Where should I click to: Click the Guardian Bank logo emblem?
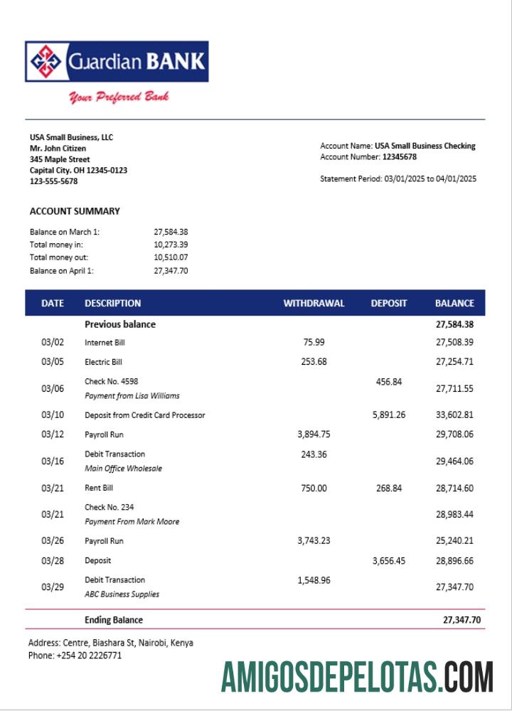[46, 63]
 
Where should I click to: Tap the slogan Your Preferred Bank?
[119, 97]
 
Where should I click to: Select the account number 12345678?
[400, 157]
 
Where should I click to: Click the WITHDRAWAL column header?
[314, 303]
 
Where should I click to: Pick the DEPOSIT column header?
[389, 303]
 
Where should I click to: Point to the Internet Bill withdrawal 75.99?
[314, 342]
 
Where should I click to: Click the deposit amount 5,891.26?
[389, 415]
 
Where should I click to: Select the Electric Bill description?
[104, 362]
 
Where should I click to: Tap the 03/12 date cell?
[53, 434]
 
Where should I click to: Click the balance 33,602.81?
[454, 415]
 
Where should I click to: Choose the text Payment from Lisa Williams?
[132, 395]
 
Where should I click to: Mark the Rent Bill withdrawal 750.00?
[314, 488]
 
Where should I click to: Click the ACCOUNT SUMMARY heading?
[75, 211]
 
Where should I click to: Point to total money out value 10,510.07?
[171, 257]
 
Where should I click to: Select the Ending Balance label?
[114, 620]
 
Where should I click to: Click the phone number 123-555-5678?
[54, 181]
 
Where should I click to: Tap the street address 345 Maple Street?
[60, 159]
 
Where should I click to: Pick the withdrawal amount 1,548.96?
[314, 580]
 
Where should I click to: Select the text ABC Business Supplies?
[122, 594]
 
